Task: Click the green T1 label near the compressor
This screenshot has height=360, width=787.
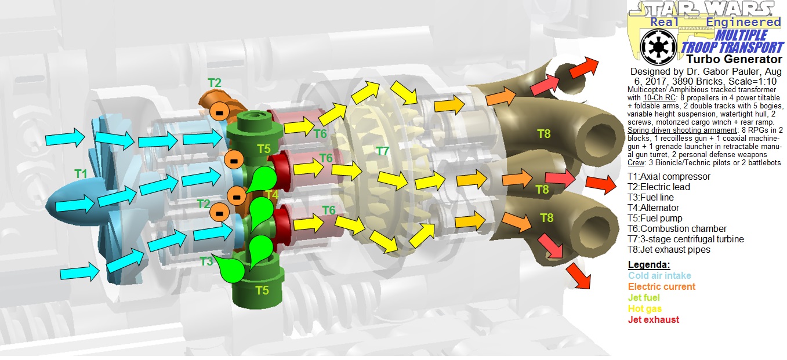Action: point(81,173)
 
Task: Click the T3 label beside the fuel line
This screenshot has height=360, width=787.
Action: point(207,261)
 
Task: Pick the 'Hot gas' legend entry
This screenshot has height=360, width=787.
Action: point(644,308)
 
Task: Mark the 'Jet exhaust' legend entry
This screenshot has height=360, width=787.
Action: point(653,319)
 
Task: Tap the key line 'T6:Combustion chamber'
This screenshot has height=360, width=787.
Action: point(676,229)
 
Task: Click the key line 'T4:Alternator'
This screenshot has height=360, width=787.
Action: point(653,208)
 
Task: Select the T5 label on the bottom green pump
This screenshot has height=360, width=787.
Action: point(263,290)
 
